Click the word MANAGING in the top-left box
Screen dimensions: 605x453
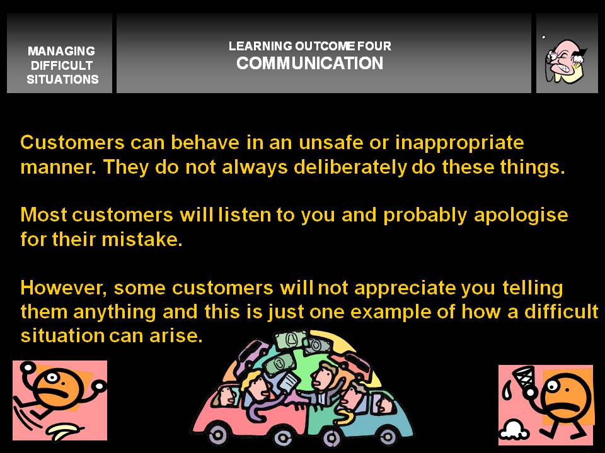pos(61,51)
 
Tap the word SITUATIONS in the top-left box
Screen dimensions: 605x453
pos(62,79)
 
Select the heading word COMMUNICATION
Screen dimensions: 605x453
pos(310,63)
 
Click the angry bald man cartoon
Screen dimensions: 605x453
pos(565,60)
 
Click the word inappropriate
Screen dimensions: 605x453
pos(459,143)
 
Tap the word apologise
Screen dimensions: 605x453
pos(521,216)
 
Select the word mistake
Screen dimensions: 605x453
pos(142,239)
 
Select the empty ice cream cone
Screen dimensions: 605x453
pos(524,380)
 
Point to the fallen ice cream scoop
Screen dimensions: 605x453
pos(513,430)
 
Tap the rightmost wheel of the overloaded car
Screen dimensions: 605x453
pos(388,436)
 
